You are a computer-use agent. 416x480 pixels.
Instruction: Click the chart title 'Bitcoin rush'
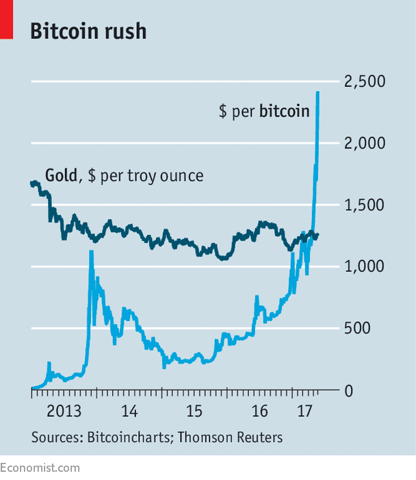tap(88, 31)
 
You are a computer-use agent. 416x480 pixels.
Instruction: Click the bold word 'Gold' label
tap(61, 175)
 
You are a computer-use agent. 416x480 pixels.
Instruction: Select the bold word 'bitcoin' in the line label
tap(284, 111)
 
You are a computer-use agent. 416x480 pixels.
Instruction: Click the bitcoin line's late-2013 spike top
tap(91, 253)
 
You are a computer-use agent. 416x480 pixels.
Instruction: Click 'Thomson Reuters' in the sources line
tap(230, 437)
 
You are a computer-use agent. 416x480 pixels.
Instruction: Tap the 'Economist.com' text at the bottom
tap(40, 468)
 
